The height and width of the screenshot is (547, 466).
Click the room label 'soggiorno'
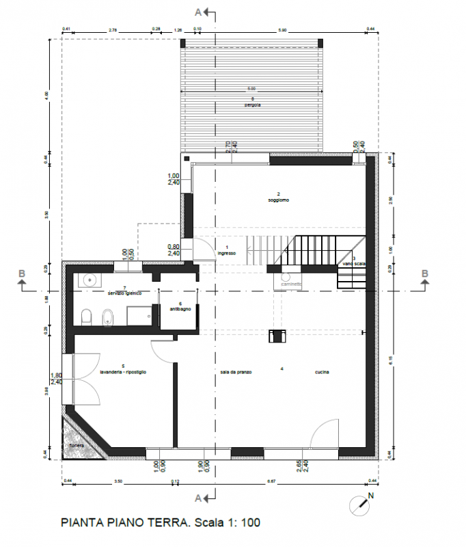tap(278, 200)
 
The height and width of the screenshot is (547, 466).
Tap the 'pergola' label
tap(251, 105)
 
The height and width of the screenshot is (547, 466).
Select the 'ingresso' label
tap(227, 254)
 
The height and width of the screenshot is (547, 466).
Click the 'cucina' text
tap(323, 372)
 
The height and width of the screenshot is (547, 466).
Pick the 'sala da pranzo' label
tap(236, 372)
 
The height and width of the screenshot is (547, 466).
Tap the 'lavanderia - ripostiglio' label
tap(124, 372)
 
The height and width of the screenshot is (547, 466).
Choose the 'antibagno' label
tap(180, 309)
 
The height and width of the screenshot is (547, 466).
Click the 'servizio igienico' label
tap(124, 293)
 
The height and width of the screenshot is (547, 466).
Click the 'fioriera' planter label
tap(76, 446)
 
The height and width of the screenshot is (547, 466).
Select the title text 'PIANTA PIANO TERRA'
tap(124, 523)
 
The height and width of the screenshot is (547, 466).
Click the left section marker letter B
tap(22, 274)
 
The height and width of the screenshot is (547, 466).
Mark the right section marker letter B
tap(425, 274)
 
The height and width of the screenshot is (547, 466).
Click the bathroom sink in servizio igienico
tap(90, 279)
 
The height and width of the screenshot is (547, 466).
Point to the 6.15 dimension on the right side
tap(390, 360)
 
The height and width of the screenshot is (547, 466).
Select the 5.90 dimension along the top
tap(282, 29)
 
